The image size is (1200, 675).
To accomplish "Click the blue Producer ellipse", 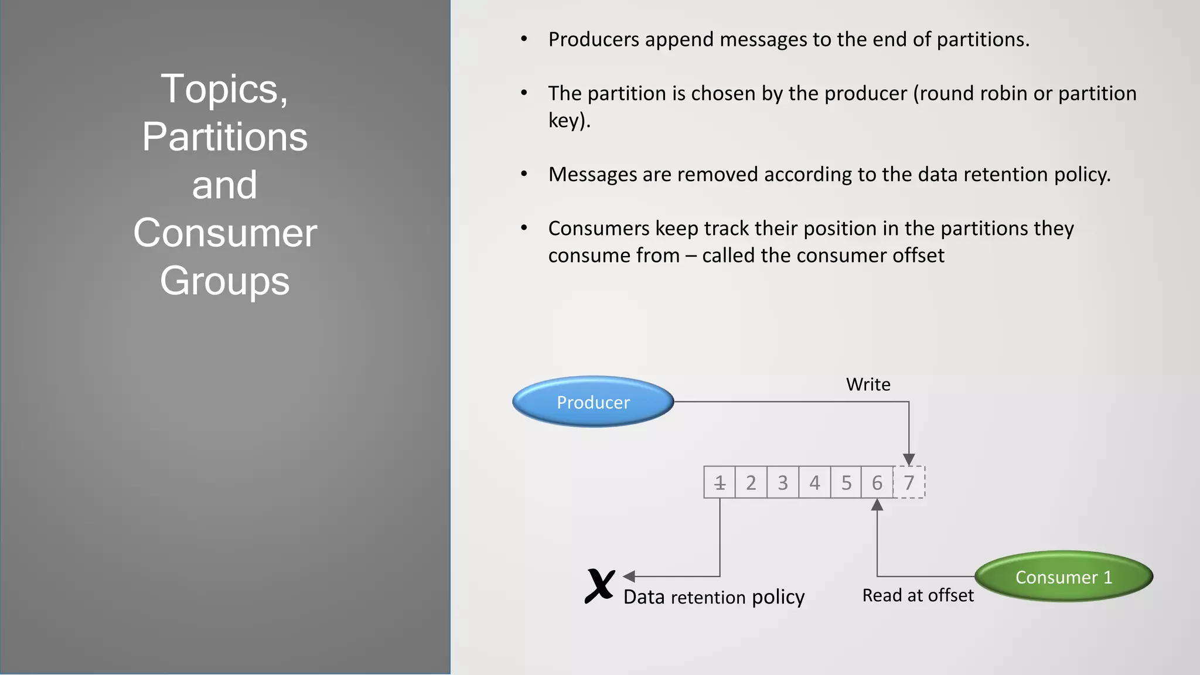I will point(593,402).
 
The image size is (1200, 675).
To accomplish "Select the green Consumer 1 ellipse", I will point(1063,577).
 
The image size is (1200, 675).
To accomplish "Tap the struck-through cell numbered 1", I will point(720,483).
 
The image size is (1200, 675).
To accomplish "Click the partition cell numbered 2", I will point(751,483).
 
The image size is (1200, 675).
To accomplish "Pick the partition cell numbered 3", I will point(783,483).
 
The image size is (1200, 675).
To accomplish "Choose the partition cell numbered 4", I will point(814,483).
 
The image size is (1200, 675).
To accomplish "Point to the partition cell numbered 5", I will point(846,483).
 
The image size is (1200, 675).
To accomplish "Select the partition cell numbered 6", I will point(877,483).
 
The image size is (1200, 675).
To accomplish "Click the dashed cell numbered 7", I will point(909,483).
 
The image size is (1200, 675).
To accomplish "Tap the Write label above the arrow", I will point(868,384).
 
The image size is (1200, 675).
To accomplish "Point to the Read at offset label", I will point(918,595).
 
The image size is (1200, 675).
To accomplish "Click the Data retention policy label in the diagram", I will point(714,597).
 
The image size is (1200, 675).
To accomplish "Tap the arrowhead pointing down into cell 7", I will point(909,459).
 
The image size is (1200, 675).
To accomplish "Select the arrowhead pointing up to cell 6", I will point(877,505).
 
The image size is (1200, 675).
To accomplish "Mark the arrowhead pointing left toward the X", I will point(629,577).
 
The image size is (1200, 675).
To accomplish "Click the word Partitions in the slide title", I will point(225,137).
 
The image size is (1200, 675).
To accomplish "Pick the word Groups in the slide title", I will point(225,280).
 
